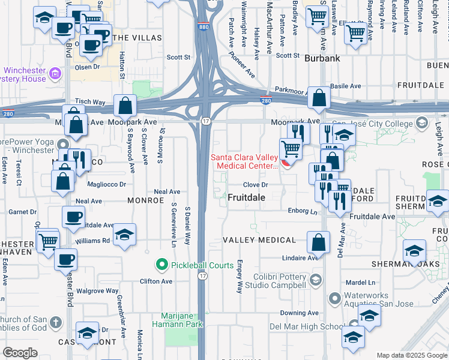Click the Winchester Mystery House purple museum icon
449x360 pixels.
55,74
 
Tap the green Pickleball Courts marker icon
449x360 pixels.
161,264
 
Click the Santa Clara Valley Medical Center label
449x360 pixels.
243,162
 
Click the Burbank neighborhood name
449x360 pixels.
322,59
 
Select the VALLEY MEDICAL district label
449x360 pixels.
259,240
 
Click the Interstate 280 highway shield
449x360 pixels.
266,100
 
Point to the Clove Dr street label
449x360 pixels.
255,185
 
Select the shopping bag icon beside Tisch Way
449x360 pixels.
125,106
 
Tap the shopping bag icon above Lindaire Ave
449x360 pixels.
318,242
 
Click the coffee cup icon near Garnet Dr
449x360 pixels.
74,217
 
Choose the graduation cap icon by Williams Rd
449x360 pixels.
124,234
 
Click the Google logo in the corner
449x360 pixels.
20,353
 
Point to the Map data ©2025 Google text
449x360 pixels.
411,355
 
